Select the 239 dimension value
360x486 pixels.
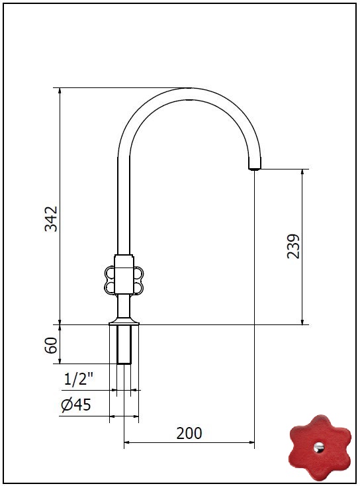coord(293,246)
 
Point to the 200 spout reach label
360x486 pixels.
coord(189,433)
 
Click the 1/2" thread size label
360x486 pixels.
coord(79,379)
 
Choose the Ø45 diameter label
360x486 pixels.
coord(76,405)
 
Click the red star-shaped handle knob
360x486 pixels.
coord(320,447)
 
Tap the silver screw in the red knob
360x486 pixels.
coord(319,447)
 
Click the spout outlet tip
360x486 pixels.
coord(255,168)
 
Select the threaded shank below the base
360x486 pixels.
coord(124,344)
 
